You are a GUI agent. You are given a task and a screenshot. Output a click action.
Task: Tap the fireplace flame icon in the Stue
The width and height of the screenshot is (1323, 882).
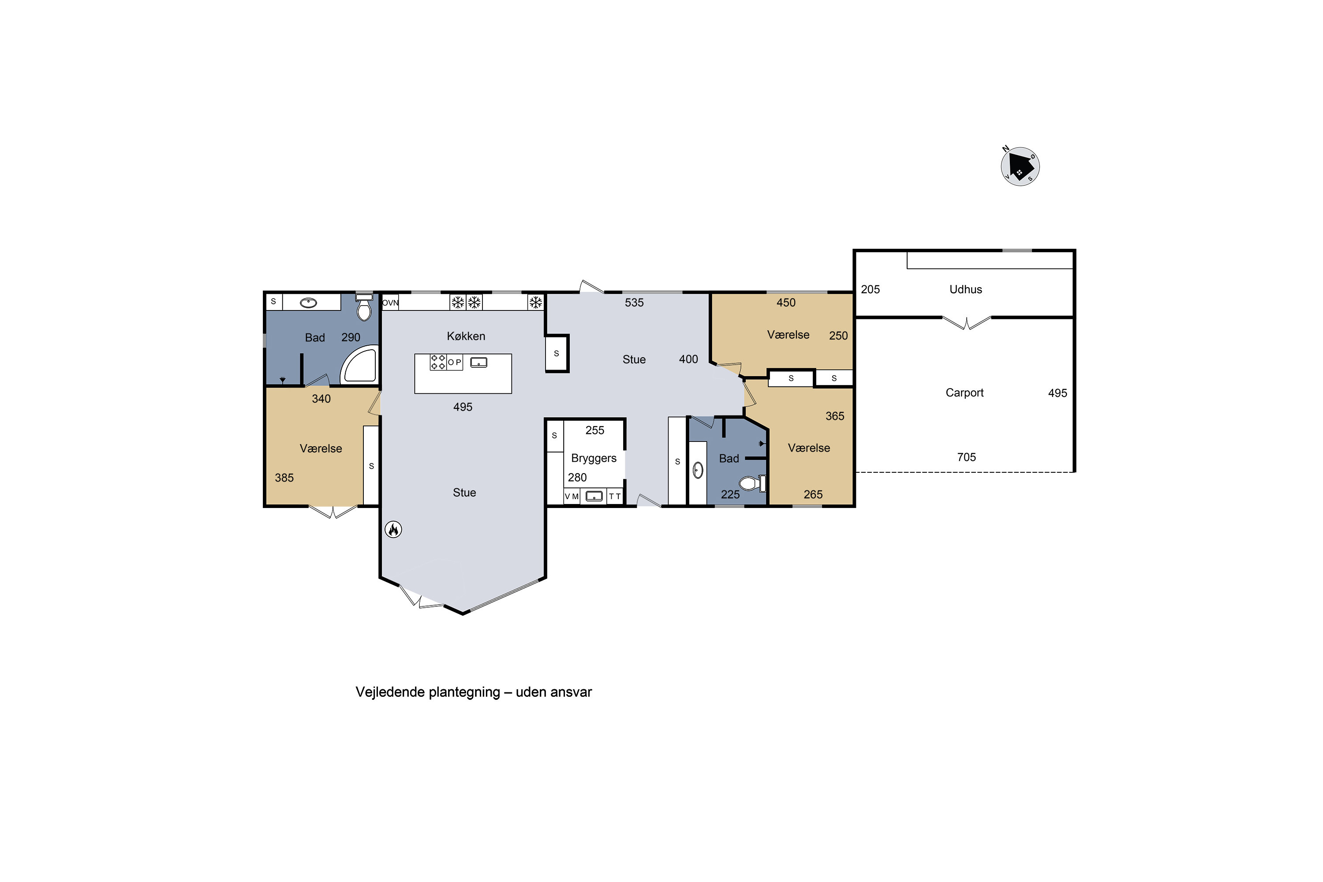pyautogui.click(x=393, y=529)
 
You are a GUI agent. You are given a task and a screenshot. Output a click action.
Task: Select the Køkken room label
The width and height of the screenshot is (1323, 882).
pyautogui.click(x=466, y=336)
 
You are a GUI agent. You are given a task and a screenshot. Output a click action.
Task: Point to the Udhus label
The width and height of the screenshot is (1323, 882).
pyautogui.click(x=965, y=289)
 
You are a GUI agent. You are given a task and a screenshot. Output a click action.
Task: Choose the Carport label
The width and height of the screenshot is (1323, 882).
pyautogui.click(x=964, y=392)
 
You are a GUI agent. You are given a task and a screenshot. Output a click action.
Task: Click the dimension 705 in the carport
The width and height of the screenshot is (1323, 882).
pyautogui.click(x=966, y=457)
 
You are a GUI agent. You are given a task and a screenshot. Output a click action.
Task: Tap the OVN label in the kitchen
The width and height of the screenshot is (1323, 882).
pyautogui.click(x=390, y=303)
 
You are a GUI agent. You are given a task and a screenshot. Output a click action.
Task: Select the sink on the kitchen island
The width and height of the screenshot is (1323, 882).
pyautogui.click(x=478, y=362)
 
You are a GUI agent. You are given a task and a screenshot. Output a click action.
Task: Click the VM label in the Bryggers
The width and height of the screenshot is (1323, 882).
pyautogui.click(x=572, y=497)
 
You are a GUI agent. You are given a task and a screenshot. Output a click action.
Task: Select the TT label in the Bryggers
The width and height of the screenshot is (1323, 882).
pyautogui.click(x=615, y=497)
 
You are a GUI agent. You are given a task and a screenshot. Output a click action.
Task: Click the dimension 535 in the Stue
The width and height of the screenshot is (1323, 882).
pyautogui.click(x=634, y=303)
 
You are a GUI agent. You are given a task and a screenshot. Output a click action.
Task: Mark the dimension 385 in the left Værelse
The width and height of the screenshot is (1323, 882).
pyautogui.click(x=284, y=478)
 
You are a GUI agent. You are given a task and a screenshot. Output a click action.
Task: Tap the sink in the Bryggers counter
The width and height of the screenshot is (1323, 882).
pyautogui.click(x=594, y=496)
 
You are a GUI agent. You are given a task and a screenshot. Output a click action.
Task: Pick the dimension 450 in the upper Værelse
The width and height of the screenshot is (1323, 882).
pyautogui.click(x=786, y=303)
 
